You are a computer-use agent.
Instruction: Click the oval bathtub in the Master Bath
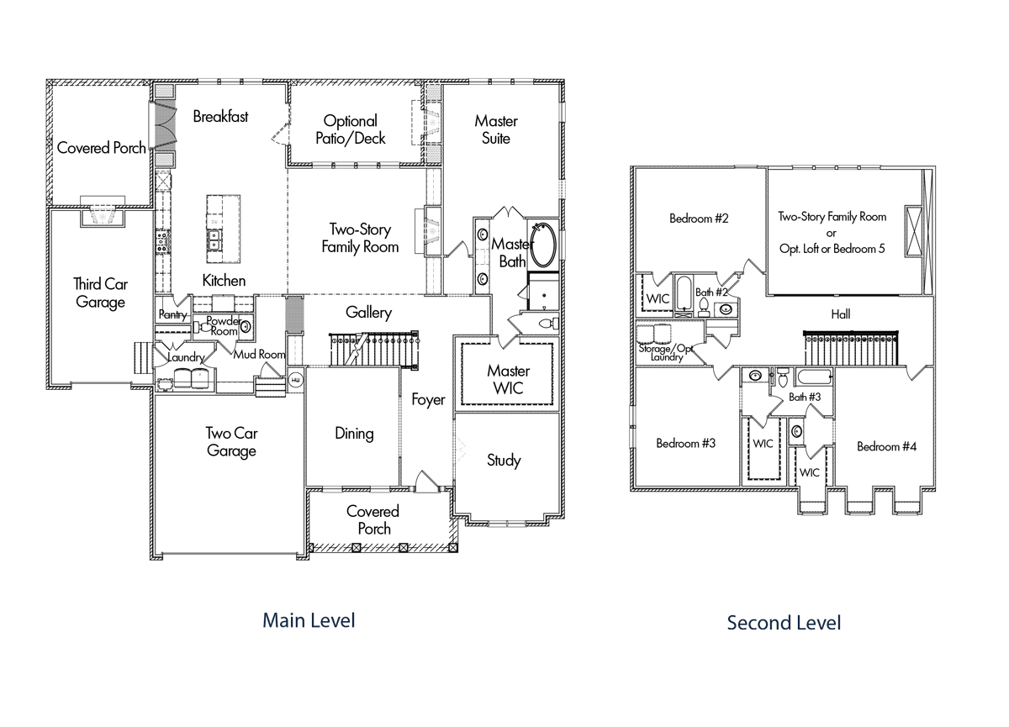click(x=543, y=245)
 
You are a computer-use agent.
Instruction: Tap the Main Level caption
click(x=309, y=620)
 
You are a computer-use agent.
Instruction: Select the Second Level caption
click(x=784, y=623)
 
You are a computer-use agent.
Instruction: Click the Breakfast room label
click(x=220, y=117)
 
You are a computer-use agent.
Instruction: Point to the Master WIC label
click(x=508, y=380)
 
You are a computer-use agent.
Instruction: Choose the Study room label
click(x=504, y=460)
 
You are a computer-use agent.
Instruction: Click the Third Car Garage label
click(x=100, y=293)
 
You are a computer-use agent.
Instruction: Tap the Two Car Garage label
click(x=231, y=442)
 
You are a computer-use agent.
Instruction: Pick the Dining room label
click(x=354, y=434)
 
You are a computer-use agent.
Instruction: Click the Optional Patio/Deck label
click(x=351, y=129)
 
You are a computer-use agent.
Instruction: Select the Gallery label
click(x=368, y=313)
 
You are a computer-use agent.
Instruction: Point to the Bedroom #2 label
click(x=699, y=219)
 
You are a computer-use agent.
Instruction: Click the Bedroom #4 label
click(x=886, y=446)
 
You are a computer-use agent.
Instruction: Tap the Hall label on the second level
click(x=841, y=314)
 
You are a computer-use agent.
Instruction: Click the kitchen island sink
click(x=214, y=240)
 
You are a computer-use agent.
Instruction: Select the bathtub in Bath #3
click(x=814, y=377)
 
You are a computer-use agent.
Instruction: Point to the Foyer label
click(x=428, y=400)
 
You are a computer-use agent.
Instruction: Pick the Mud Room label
click(x=259, y=355)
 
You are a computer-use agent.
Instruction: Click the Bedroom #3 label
click(x=685, y=444)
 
